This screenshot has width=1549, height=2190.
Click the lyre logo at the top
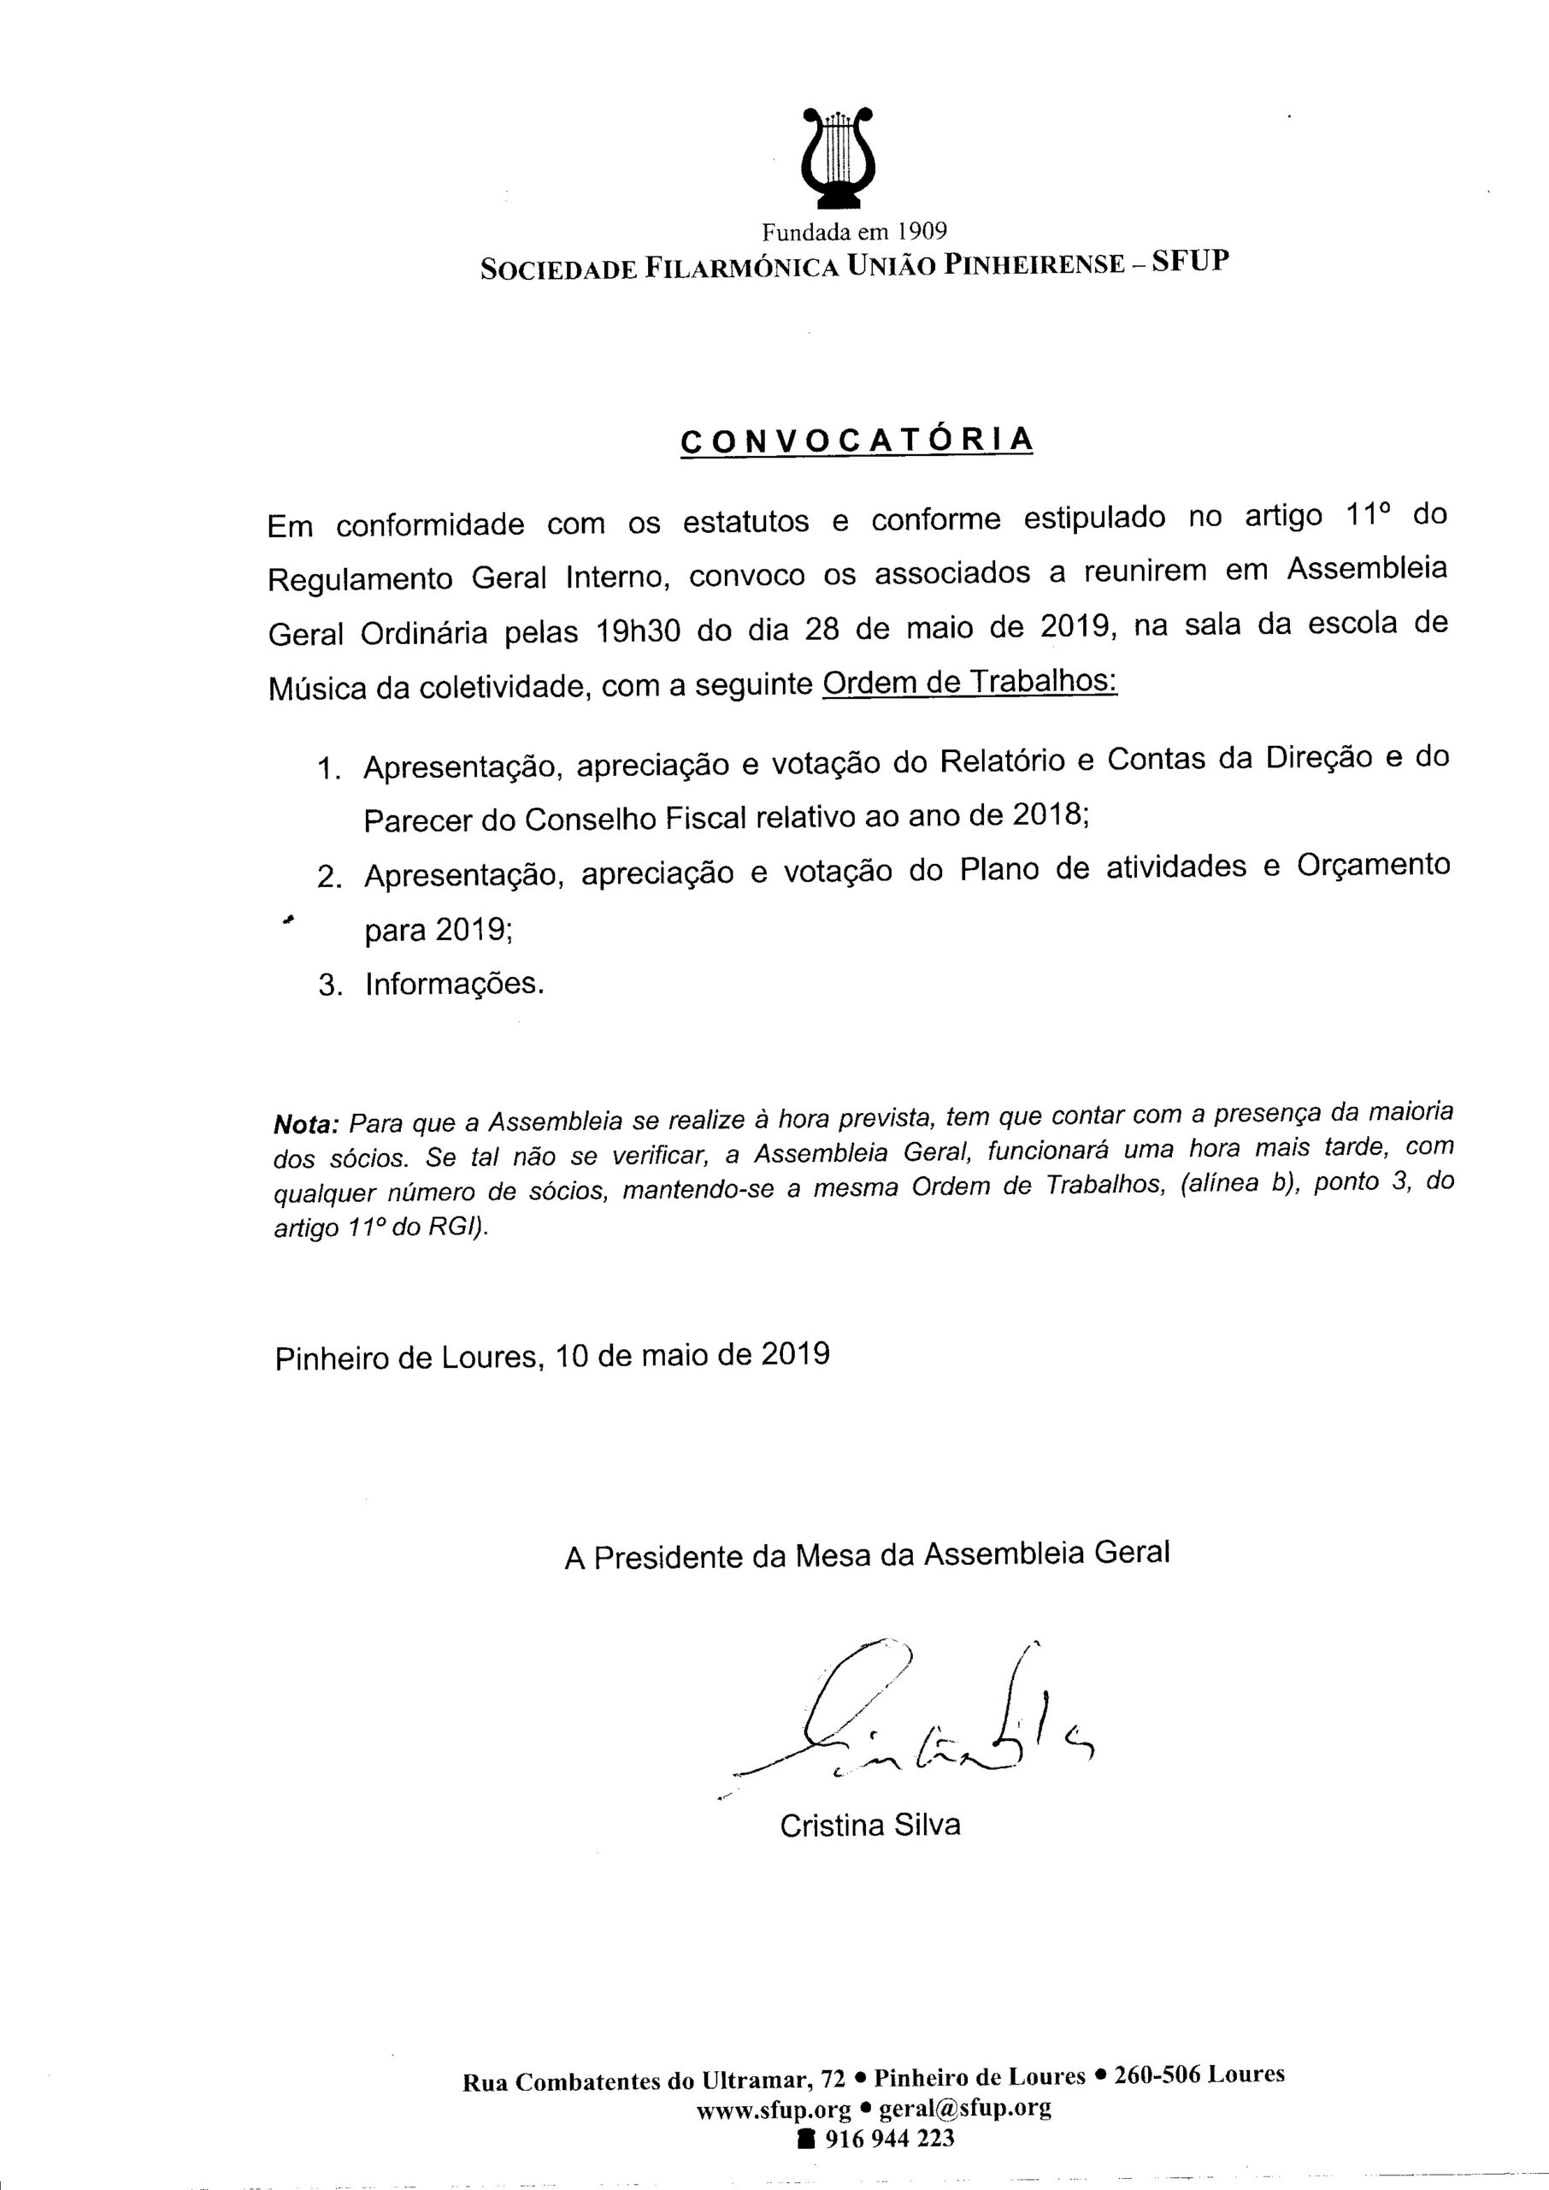(839, 157)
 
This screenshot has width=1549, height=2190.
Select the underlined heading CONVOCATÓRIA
(857, 440)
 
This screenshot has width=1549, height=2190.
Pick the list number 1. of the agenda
(329, 769)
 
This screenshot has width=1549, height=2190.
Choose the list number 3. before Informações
(330, 985)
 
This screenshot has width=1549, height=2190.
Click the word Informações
(454, 985)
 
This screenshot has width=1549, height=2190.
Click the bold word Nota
(306, 1123)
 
